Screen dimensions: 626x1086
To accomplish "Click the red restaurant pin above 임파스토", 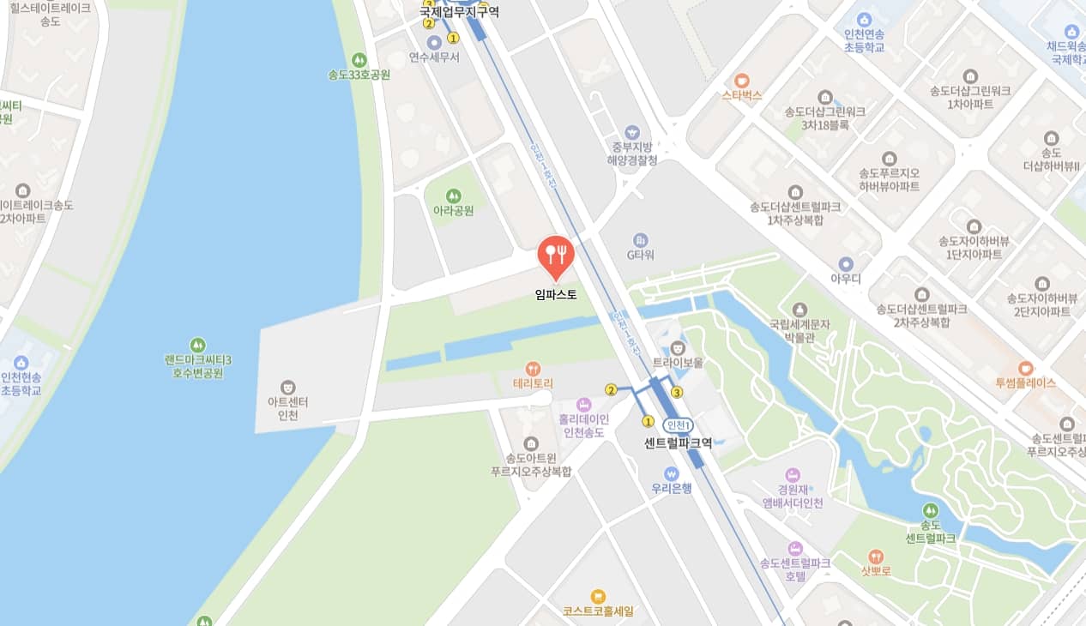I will [x=555, y=254].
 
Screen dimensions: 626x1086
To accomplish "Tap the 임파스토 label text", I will [x=555, y=295].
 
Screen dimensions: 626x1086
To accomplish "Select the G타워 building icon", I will [x=640, y=240].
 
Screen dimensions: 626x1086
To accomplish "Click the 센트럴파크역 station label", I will [x=678, y=443].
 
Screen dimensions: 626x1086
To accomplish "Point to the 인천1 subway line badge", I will [x=678, y=425].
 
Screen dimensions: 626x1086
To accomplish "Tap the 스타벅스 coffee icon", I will [x=741, y=81].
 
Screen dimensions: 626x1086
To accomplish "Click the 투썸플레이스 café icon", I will [x=1025, y=368].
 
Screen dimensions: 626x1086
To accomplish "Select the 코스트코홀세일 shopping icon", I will [x=598, y=596].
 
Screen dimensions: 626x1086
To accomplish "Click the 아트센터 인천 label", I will [x=288, y=408].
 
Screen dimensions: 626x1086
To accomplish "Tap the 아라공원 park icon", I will [x=454, y=196].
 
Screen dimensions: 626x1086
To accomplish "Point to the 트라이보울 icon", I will [x=678, y=347].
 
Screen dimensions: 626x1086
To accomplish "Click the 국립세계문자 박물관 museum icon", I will [x=799, y=309].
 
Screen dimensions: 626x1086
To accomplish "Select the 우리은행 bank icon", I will [x=671, y=473].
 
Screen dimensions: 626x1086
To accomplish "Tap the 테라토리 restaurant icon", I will [x=533, y=369].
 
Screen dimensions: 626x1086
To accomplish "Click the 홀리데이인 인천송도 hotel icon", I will [x=583, y=404].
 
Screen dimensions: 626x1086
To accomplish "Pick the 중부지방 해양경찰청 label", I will [x=632, y=153].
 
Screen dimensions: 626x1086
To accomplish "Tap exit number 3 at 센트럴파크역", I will [x=677, y=393].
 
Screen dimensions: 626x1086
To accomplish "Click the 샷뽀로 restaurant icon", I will [x=875, y=556].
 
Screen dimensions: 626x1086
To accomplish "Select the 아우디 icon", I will [x=846, y=264].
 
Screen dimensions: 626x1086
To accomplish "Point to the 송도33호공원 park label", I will [x=359, y=75].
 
